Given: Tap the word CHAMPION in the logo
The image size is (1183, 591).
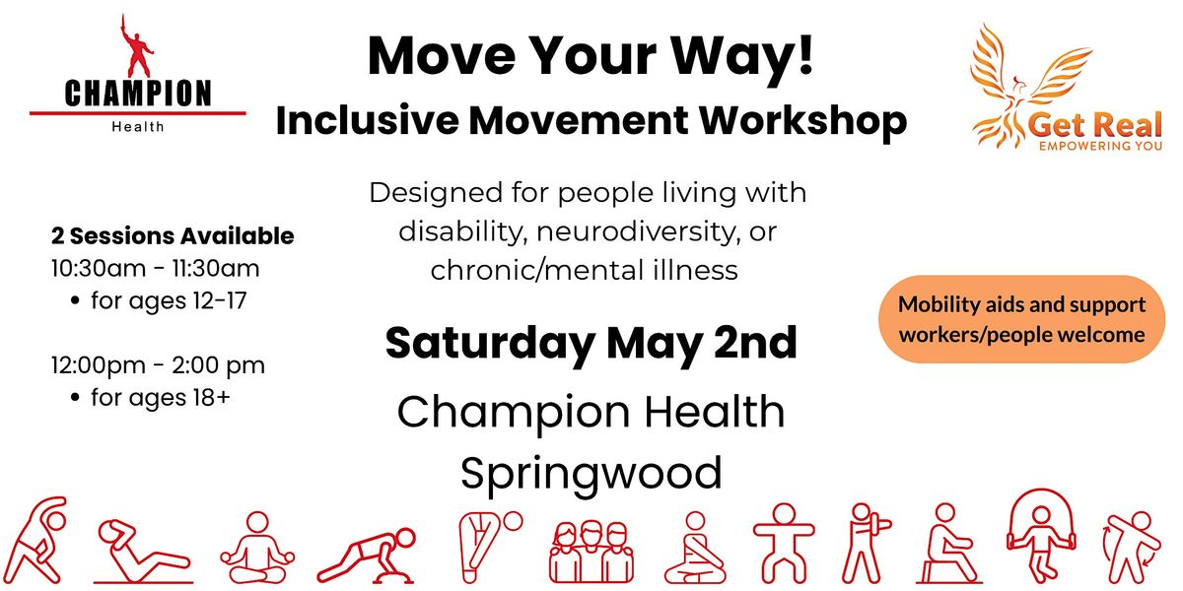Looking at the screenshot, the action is (x=138, y=94).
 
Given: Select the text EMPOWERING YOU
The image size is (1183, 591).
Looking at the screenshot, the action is (x=1100, y=146).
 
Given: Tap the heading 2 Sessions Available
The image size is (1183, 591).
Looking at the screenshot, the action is (x=173, y=235).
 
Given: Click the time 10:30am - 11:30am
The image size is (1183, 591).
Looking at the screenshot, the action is (x=156, y=269).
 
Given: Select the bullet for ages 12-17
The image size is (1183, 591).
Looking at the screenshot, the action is (x=159, y=301).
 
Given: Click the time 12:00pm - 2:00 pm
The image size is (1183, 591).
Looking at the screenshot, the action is (x=158, y=365).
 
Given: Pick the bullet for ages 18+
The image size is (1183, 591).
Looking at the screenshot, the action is (x=151, y=398).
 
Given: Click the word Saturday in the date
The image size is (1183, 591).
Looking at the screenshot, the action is (x=491, y=344).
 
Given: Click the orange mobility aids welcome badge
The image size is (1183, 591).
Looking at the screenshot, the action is (x=1021, y=319).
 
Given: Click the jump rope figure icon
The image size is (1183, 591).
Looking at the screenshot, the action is (x=1040, y=535).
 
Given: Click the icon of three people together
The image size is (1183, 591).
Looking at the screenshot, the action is (x=591, y=551).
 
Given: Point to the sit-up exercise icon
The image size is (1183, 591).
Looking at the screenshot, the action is (x=143, y=552).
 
